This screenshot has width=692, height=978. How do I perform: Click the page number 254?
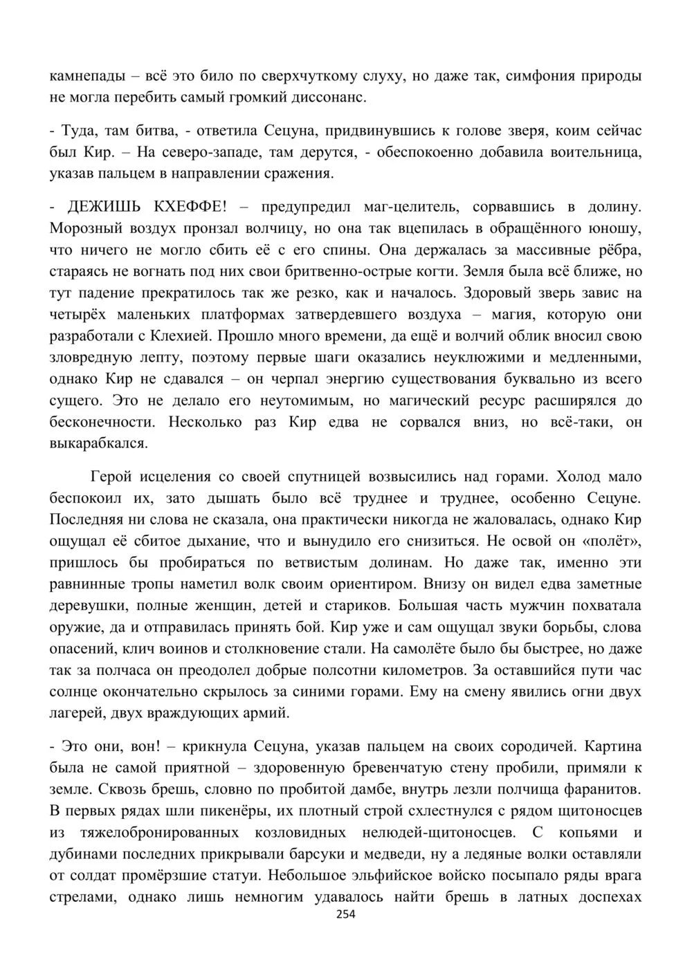(x=345, y=914)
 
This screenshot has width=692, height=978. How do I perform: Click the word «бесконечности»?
(x=100, y=422)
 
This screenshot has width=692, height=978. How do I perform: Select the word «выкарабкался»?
(x=98, y=443)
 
